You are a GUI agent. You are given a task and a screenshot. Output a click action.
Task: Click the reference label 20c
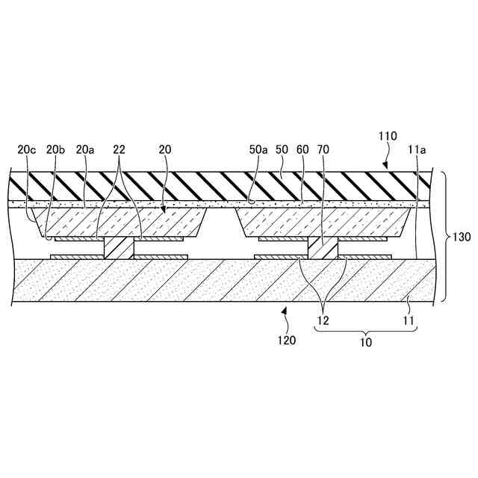pyautogui.click(x=27, y=150)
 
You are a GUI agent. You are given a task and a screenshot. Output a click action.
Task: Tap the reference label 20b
pyautogui.click(x=55, y=150)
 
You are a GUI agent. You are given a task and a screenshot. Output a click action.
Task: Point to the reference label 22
pyautogui.click(x=119, y=150)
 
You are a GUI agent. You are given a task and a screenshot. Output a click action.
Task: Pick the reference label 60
pyautogui.click(x=302, y=150)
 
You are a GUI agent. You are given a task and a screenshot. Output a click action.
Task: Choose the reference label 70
pyautogui.click(x=323, y=150)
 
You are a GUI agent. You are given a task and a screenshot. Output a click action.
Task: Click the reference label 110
pyautogui.click(x=387, y=137)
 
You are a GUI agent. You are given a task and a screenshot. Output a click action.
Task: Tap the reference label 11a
pyautogui.click(x=417, y=150)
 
